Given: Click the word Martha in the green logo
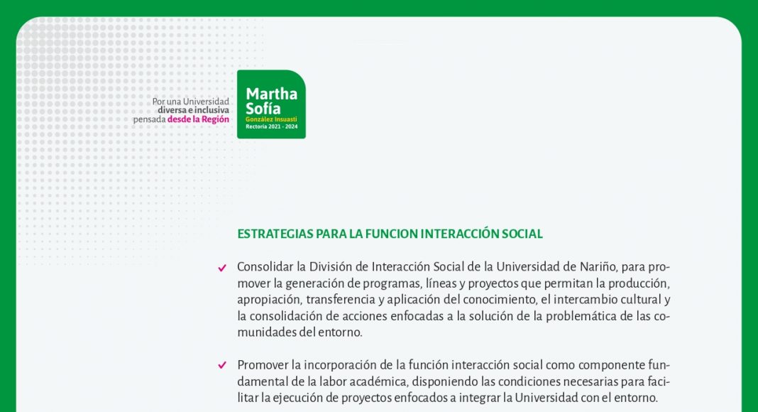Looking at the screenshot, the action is (271, 93).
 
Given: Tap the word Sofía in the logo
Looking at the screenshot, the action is (263, 108).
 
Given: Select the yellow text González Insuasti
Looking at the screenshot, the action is (271, 119).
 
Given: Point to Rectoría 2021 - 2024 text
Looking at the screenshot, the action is (272, 126).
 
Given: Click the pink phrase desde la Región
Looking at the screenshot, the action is (198, 119).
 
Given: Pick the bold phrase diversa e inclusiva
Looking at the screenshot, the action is (193, 110).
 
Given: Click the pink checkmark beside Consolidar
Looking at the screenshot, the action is (222, 268).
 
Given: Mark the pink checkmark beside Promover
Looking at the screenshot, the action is (222, 365).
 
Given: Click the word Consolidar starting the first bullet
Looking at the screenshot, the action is (265, 267).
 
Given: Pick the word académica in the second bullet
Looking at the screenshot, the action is (380, 381).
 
